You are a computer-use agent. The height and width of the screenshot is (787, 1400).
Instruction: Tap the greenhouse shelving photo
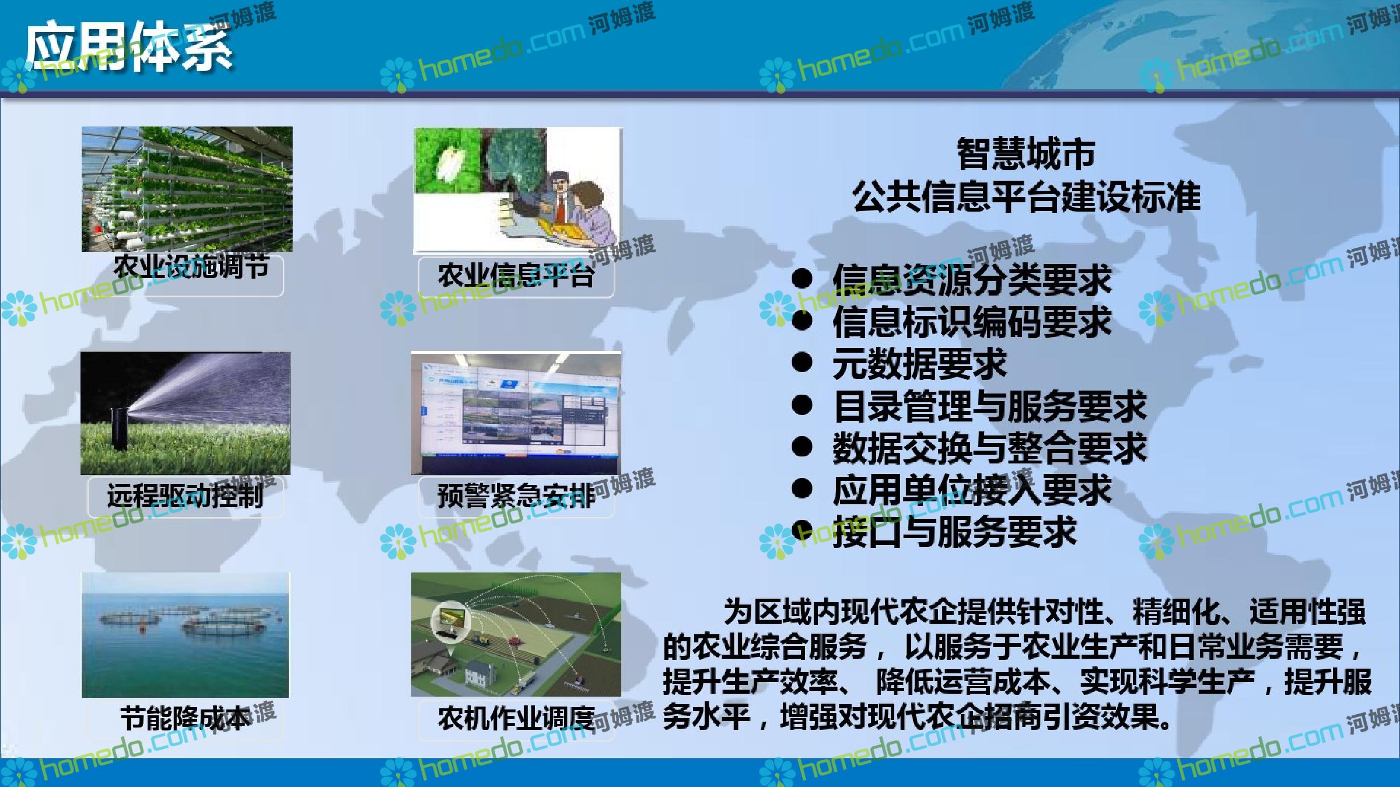tap(187, 189)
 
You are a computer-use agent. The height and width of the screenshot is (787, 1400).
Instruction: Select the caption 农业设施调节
tap(191, 266)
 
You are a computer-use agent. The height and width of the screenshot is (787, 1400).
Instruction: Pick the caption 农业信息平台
tap(516, 275)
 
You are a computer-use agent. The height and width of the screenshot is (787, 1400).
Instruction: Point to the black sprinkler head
tap(121, 428)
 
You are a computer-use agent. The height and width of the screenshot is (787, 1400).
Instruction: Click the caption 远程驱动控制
tap(185, 496)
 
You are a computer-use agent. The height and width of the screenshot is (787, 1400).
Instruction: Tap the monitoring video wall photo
tap(516, 413)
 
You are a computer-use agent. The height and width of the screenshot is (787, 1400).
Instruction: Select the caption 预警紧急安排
tap(516, 496)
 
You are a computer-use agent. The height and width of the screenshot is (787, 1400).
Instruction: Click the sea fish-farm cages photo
tap(185, 635)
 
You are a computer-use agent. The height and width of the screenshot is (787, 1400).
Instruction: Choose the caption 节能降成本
tap(185, 718)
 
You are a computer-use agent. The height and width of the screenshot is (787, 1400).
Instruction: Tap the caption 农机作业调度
tap(516, 718)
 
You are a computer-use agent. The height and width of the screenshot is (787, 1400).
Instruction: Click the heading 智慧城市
tap(1026, 153)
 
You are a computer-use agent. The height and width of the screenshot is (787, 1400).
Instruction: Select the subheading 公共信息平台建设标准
tap(1026, 196)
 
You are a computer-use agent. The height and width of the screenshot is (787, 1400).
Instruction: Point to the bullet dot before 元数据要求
tap(803, 363)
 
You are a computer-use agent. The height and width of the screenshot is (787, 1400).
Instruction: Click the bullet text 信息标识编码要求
tap(972, 322)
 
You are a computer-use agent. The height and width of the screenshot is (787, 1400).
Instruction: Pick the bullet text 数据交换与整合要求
tap(989, 448)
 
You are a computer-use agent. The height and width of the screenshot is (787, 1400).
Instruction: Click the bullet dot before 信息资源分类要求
tap(803, 279)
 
